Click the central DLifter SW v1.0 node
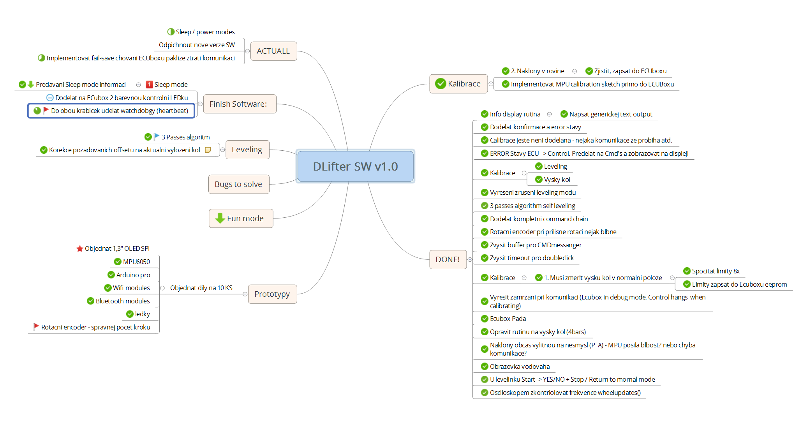click(x=355, y=166)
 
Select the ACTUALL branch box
click(x=273, y=51)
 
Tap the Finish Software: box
click(x=238, y=104)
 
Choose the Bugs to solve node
click(x=238, y=184)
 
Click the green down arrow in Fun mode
click(x=220, y=218)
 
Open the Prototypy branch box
click(x=272, y=294)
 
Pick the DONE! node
click(x=448, y=259)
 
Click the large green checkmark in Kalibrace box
click(x=441, y=84)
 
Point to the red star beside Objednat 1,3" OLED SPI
click(x=79, y=248)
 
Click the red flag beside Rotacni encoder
click(x=36, y=327)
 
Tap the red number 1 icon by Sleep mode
click(x=149, y=85)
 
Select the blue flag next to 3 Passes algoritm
click(x=156, y=137)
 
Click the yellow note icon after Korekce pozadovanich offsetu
click(x=208, y=150)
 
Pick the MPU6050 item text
click(x=136, y=262)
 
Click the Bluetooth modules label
click(x=123, y=301)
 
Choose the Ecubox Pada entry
click(x=508, y=319)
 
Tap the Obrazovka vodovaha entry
click(x=520, y=366)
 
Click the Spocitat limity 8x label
click(x=716, y=271)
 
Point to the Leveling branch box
click(x=247, y=150)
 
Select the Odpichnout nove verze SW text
click(x=197, y=45)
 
